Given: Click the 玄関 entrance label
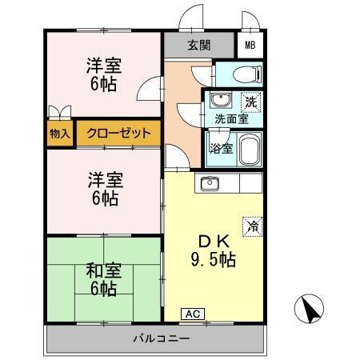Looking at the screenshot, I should (199, 45).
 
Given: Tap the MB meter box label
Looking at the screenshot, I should (250, 45).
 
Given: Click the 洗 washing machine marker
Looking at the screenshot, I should (250, 102).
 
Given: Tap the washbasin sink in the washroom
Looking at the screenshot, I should (218, 102).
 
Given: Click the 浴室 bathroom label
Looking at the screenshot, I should (220, 149).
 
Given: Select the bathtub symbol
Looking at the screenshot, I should (249, 149).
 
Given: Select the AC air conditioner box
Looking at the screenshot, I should (192, 314).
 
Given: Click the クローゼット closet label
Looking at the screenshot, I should (118, 133).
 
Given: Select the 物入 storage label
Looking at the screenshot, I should (60, 133).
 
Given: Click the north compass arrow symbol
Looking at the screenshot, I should (309, 309).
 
